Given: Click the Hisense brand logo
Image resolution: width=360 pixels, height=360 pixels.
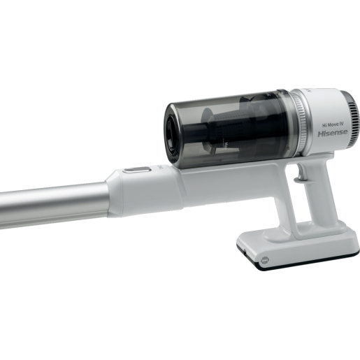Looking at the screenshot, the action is (x=333, y=133).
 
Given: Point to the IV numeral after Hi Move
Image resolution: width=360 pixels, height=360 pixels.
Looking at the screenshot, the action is (x=341, y=124).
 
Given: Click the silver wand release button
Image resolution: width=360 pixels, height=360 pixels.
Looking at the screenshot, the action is (x=137, y=170).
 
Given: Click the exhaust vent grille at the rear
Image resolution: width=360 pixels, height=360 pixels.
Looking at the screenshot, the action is (x=351, y=120).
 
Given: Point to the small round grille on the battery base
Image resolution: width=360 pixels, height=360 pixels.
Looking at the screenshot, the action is (x=265, y=260).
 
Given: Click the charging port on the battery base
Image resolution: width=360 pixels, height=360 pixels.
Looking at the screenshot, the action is (x=245, y=252).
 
